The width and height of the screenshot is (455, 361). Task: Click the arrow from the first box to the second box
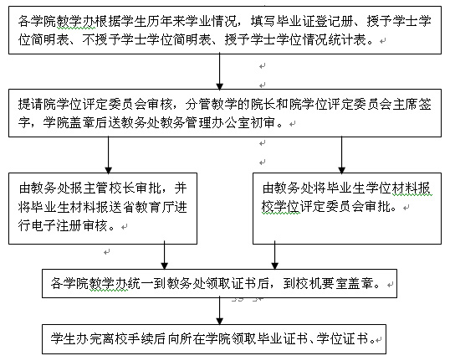[x=220, y=71]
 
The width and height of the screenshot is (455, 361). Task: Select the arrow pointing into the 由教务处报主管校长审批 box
[x=108, y=155]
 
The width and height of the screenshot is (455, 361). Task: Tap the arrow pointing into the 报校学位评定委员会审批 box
[x=341, y=155]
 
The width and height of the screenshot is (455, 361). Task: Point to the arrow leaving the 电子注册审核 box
[x=164, y=255]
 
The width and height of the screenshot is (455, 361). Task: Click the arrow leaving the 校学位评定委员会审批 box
[x=274, y=255]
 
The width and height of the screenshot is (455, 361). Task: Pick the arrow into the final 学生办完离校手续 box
[x=220, y=311]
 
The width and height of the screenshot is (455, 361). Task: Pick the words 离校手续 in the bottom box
[x=128, y=338]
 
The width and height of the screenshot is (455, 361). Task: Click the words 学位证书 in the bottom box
[x=342, y=338]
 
